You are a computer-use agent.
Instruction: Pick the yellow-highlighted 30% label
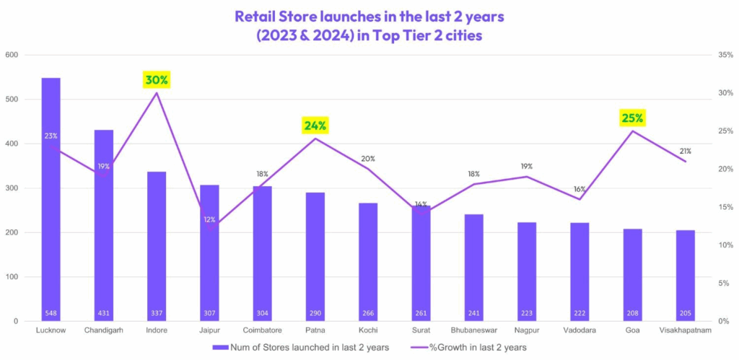(x=157, y=80)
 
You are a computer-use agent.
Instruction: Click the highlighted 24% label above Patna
(x=315, y=126)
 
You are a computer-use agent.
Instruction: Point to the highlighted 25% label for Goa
(x=633, y=118)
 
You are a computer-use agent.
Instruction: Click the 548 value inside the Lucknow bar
(x=51, y=314)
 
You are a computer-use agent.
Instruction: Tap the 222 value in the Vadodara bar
(x=580, y=314)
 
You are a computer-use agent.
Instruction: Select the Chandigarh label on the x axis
(x=104, y=330)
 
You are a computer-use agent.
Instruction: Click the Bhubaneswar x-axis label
(x=474, y=330)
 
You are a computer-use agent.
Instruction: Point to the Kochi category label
(x=368, y=330)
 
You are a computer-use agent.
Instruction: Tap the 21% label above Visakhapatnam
(x=685, y=151)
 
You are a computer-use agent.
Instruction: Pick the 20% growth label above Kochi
(x=368, y=159)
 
